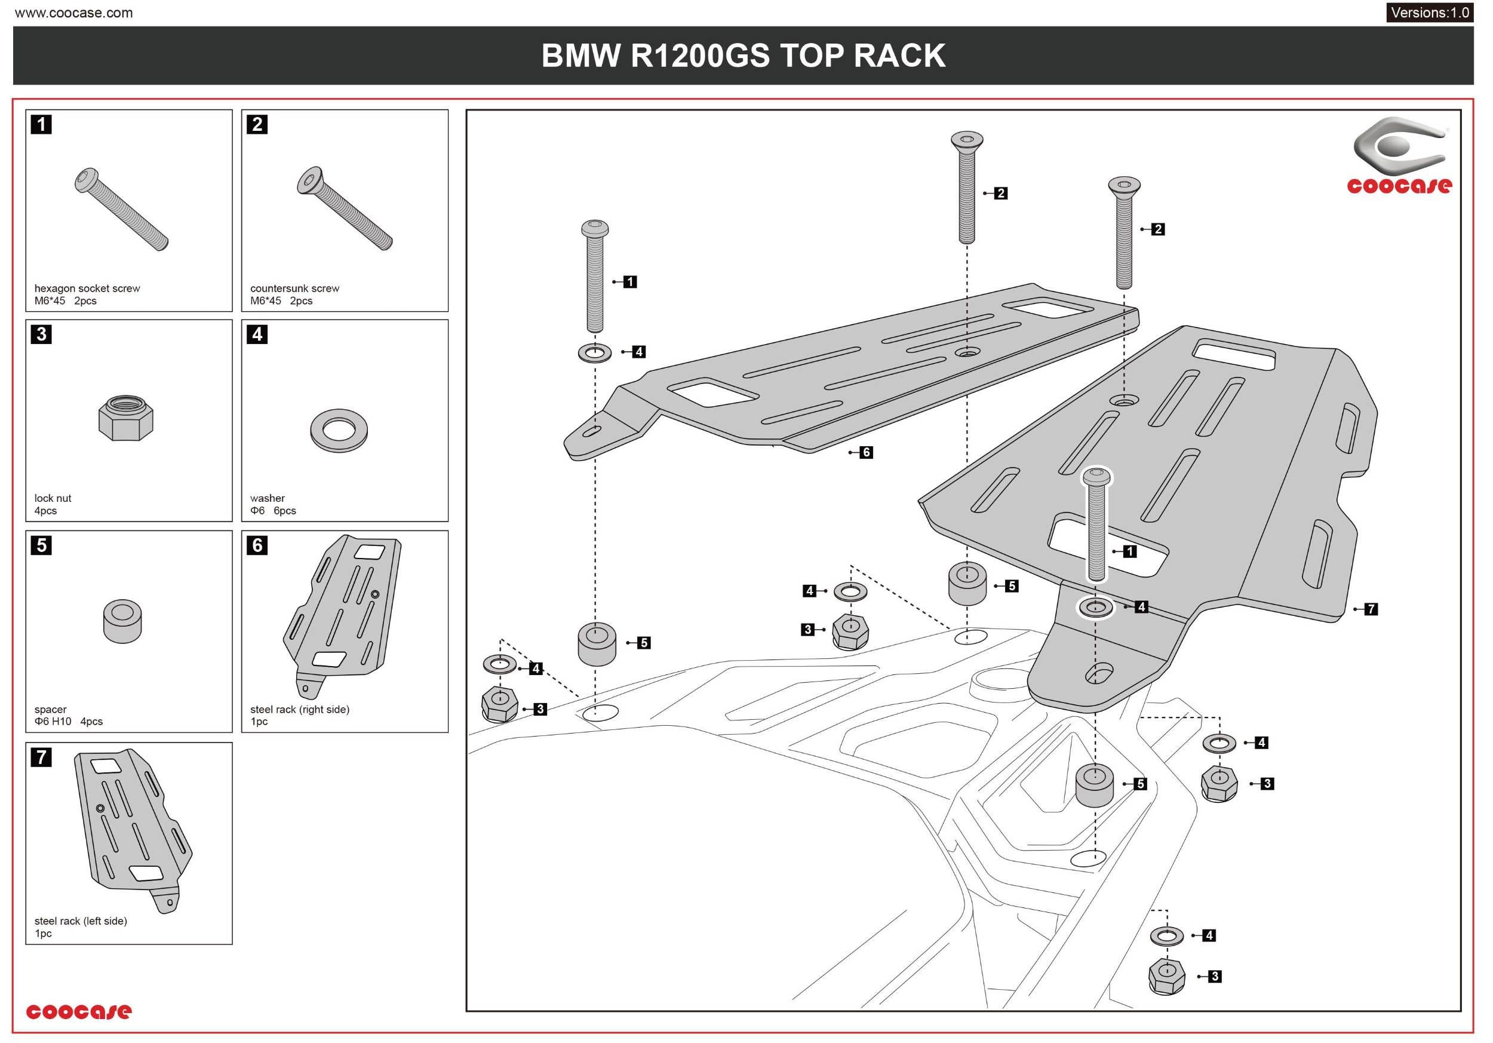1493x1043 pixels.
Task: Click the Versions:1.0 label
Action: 1429,13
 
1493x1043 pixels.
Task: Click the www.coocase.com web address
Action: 73,13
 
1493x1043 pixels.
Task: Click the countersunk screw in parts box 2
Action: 344,208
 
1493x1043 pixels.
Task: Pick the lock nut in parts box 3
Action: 125,418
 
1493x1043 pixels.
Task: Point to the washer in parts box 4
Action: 339,430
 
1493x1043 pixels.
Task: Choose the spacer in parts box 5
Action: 122,621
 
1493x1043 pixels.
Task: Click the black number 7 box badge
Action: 41,757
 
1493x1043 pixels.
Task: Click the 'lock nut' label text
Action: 53,498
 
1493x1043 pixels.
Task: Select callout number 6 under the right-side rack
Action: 865,452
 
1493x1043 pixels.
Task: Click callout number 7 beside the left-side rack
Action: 1371,609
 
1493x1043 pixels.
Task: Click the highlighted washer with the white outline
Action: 1096,608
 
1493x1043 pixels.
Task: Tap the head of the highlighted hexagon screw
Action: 1096,477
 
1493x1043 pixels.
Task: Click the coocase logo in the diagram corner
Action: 1399,156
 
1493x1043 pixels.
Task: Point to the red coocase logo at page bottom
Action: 79,1011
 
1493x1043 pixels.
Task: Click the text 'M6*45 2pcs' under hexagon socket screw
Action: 65,300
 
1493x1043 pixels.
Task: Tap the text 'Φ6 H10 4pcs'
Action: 68,721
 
